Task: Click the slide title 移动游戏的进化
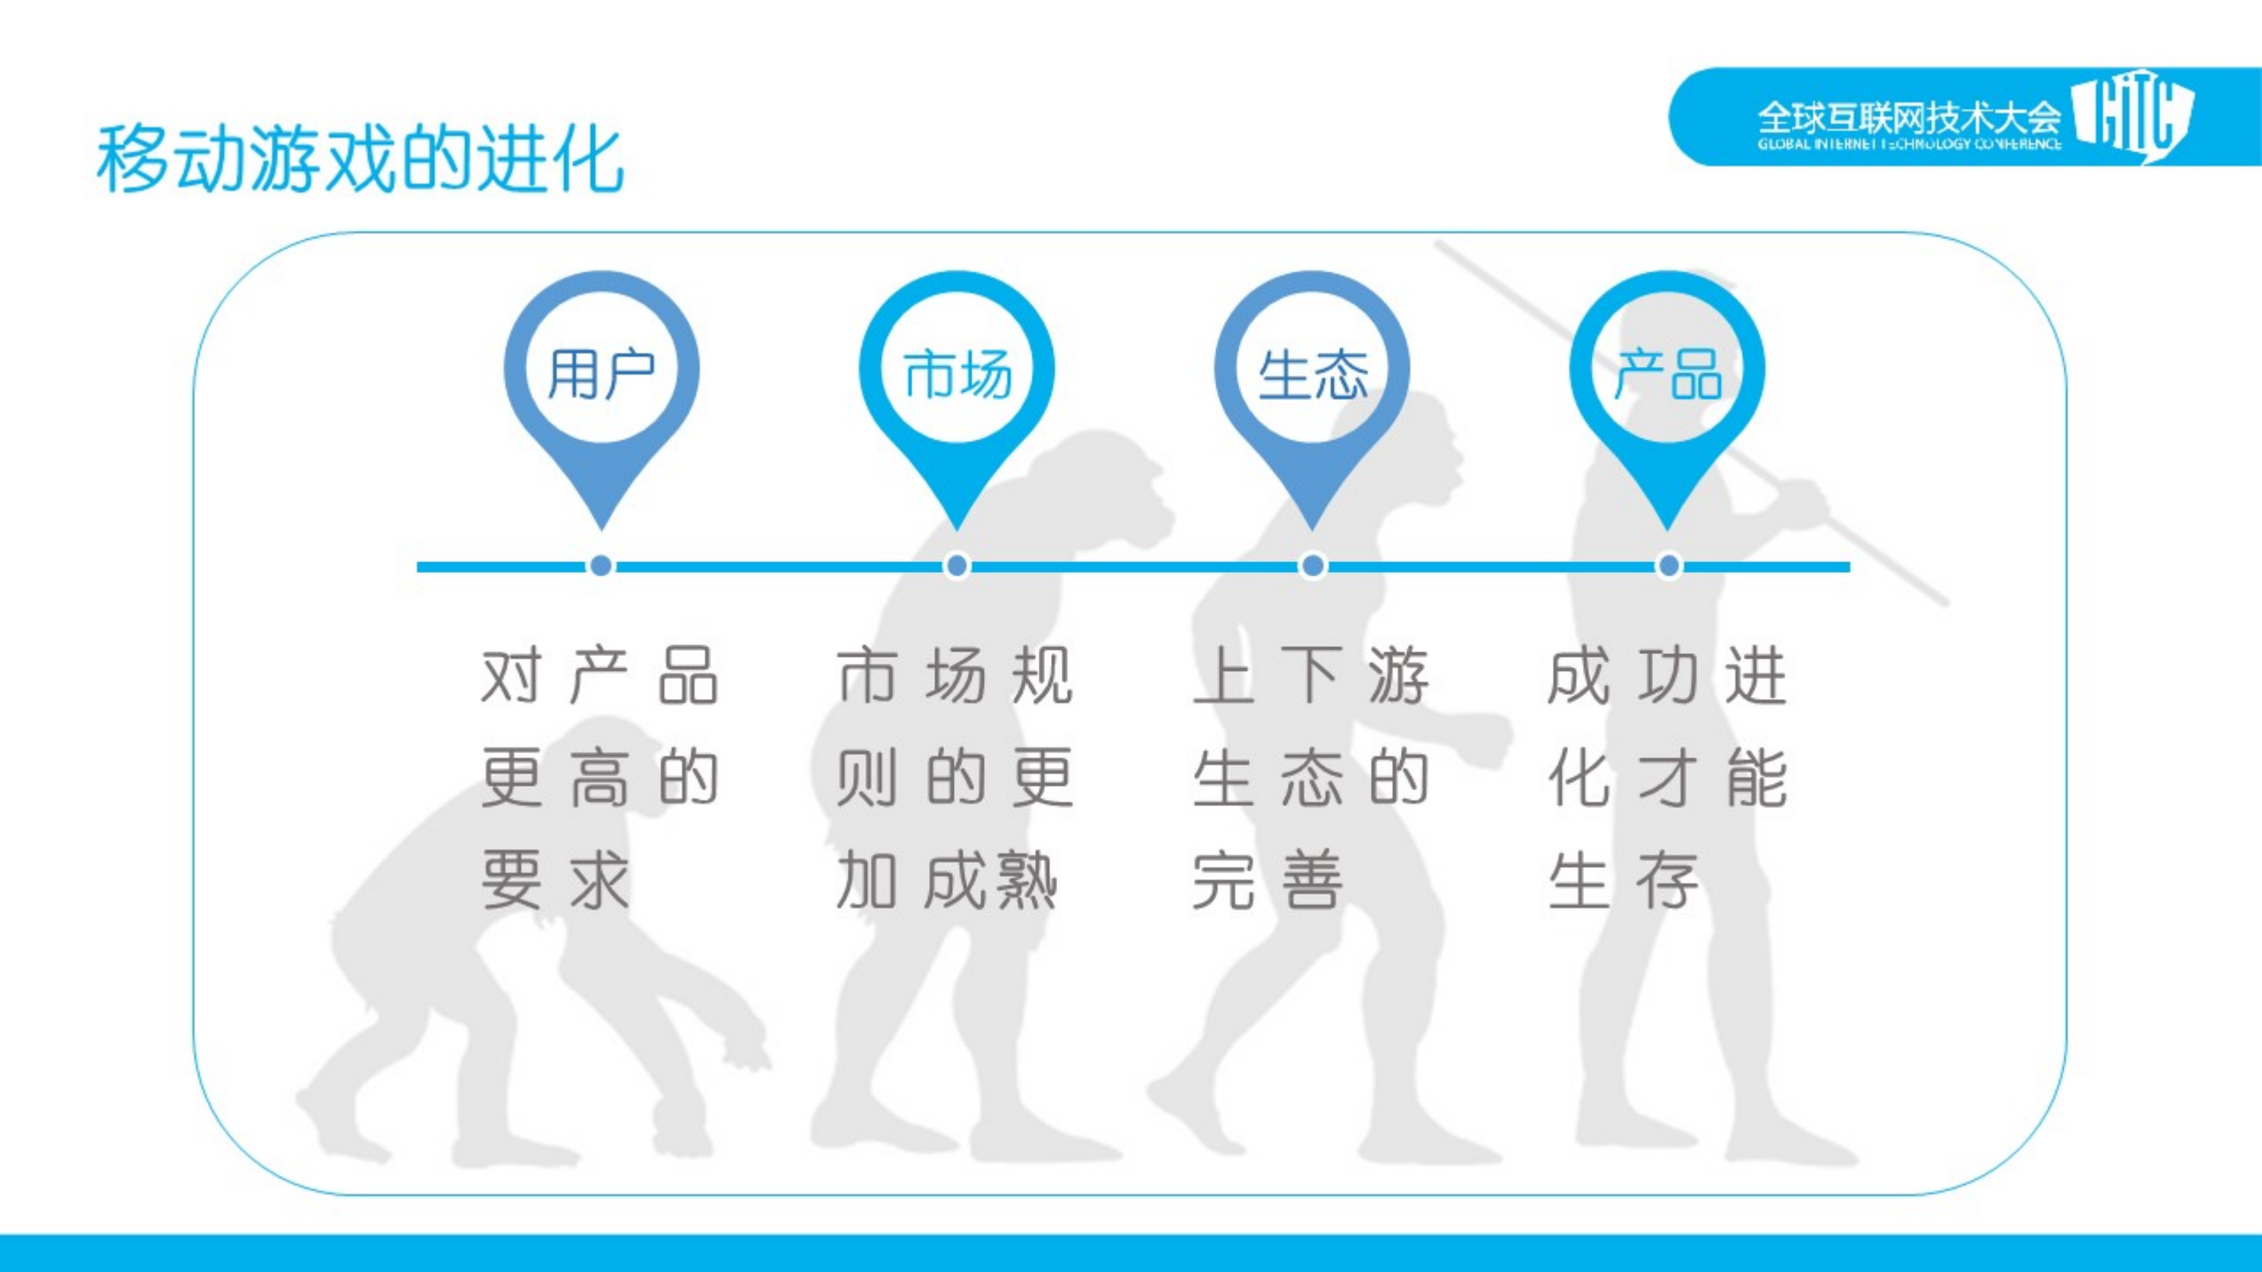tap(360, 159)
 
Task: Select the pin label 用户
tap(601, 374)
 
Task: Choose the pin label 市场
tap(957, 374)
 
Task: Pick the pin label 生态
tap(1313, 374)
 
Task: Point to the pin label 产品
tap(1668, 374)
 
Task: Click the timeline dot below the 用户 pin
tap(601, 566)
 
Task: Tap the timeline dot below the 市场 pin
tap(957, 566)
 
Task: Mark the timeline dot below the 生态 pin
tap(1313, 566)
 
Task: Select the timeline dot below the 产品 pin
tap(1669, 566)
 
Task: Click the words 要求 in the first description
tap(555, 880)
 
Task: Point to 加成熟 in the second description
tap(946, 880)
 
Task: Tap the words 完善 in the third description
tap(1267, 880)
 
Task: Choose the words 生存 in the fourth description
tap(1623, 880)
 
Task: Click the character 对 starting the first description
tap(510, 676)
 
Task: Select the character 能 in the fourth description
tap(1757, 779)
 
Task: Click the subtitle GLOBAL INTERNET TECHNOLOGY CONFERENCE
tap(1909, 144)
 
